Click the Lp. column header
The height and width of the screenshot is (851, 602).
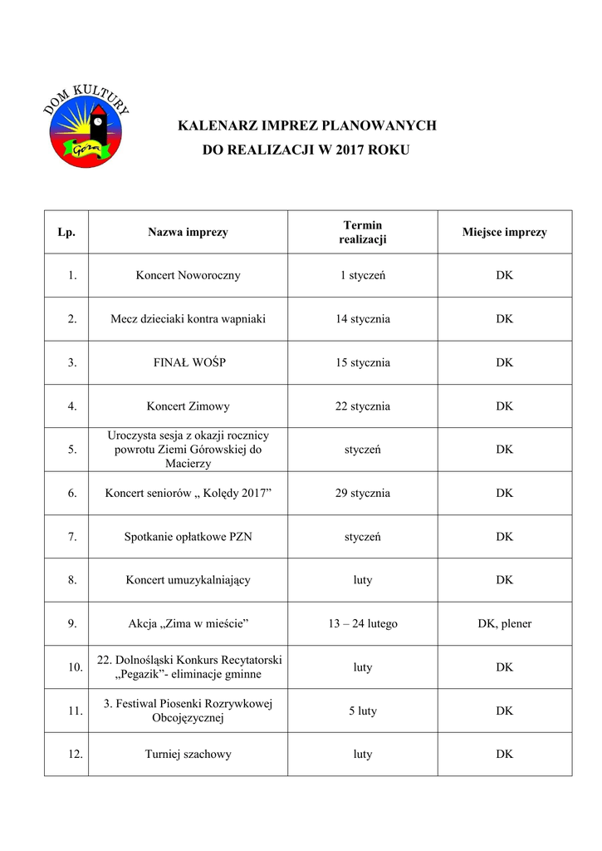click(66, 232)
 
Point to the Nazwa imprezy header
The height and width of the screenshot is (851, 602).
click(188, 232)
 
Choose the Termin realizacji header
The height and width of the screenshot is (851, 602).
click(362, 232)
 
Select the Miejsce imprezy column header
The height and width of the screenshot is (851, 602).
click(504, 232)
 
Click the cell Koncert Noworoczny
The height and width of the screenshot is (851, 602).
click(188, 275)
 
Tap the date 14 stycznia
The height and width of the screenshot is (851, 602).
click(362, 319)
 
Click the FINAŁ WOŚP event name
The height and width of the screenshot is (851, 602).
click(188, 362)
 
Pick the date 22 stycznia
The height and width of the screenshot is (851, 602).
click(362, 406)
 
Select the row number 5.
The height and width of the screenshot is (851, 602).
click(72, 450)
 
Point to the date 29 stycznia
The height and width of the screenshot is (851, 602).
click(362, 493)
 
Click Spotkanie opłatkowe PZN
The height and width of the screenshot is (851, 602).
click(188, 537)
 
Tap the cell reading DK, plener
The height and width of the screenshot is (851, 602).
click(504, 623)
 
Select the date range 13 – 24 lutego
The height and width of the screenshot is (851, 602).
click(362, 623)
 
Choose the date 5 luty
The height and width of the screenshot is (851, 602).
click(362, 711)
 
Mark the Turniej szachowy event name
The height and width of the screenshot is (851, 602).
click(188, 755)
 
